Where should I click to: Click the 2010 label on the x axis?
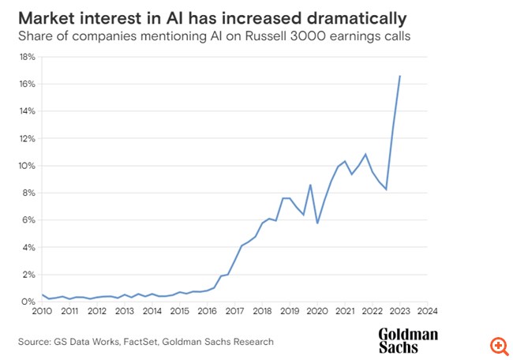coord(42,311)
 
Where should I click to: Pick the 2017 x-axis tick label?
coord(234,311)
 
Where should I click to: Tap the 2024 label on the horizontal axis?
coord(427,311)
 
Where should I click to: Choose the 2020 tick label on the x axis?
coord(317,311)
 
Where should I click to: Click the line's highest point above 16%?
coord(400,76)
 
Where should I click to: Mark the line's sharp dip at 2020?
coord(317,223)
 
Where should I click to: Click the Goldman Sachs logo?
coord(408,340)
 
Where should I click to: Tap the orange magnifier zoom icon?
coord(498,346)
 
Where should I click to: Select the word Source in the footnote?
coord(33,341)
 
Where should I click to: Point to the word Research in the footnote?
coord(251,341)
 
